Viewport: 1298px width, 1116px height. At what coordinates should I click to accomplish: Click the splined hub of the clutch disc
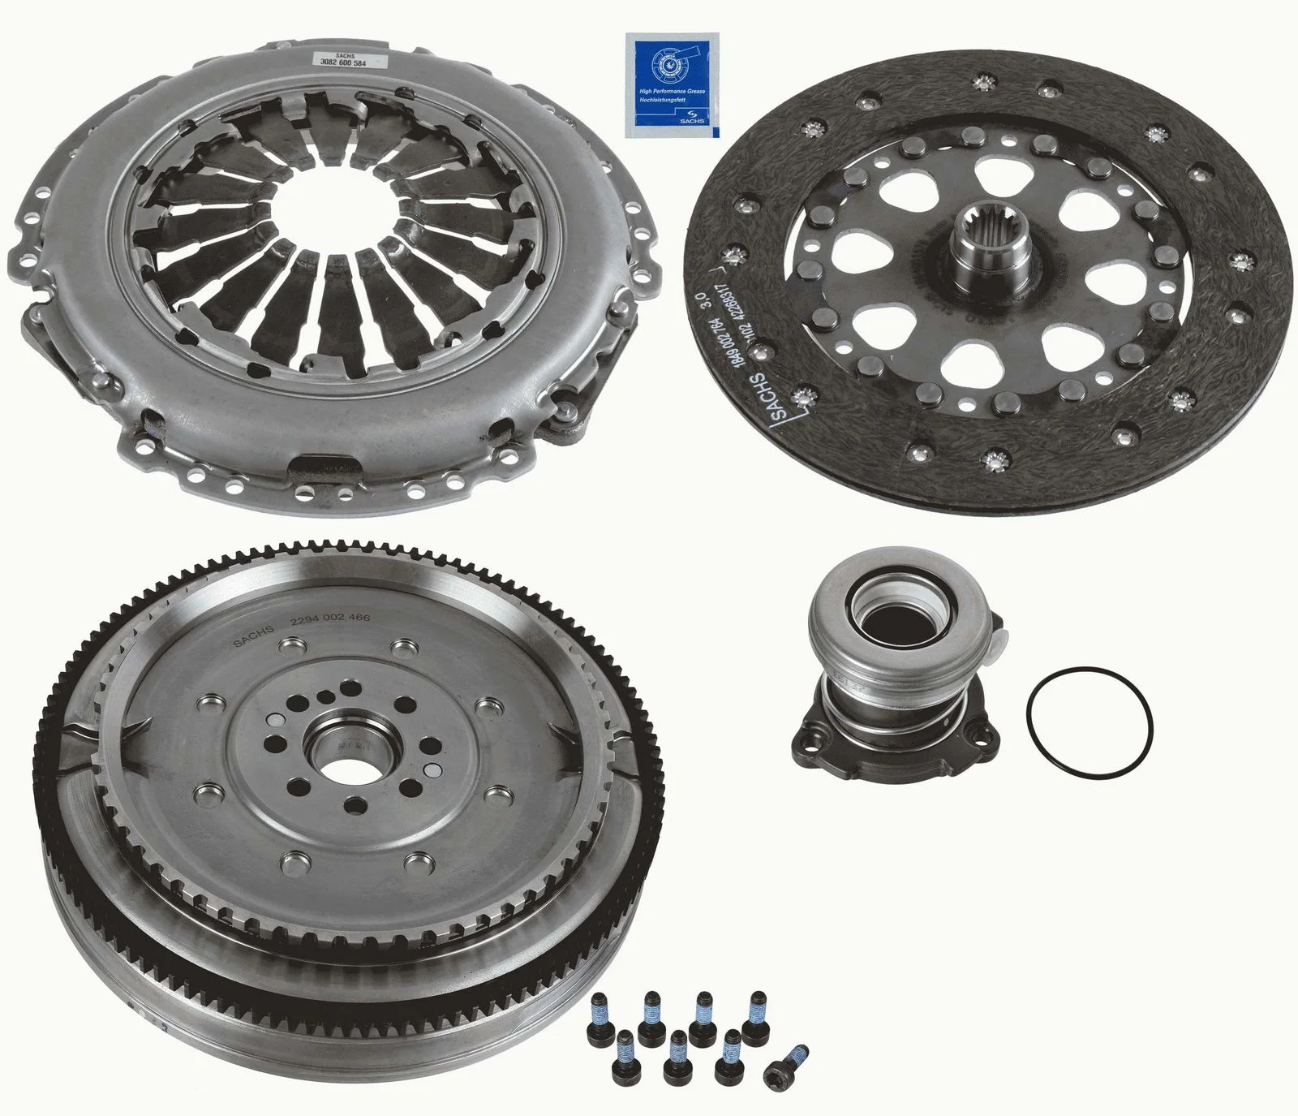pyautogui.click(x=990, y=245)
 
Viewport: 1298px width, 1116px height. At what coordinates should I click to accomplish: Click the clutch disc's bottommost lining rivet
pyautogui.click(x=992, y=460)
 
